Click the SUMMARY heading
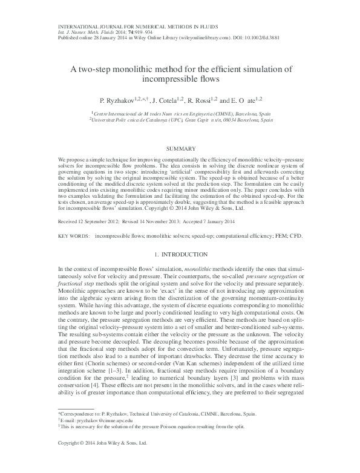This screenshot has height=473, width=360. pos(180,148)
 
